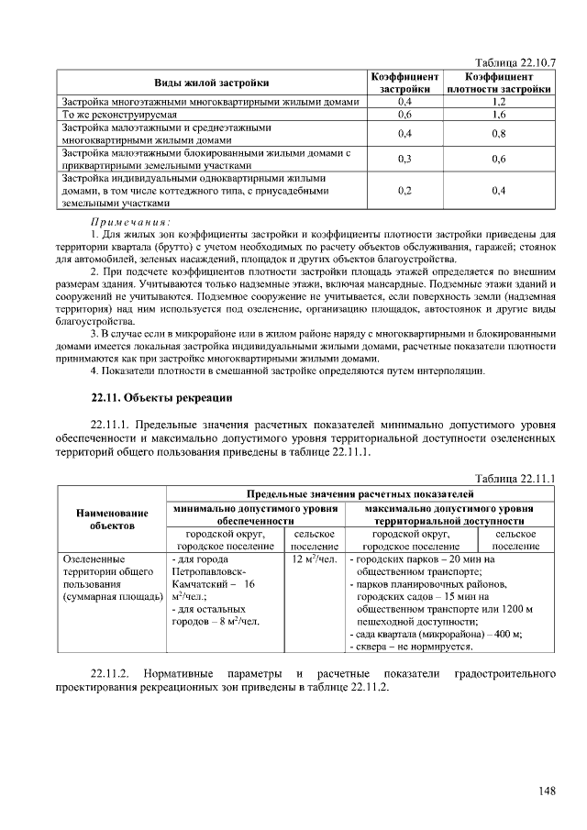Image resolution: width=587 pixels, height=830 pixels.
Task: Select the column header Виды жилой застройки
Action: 211,83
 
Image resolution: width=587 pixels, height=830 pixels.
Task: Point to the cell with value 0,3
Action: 404,159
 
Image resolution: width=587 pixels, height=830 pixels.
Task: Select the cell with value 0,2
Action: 404,191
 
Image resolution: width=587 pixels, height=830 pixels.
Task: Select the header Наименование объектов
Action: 112,520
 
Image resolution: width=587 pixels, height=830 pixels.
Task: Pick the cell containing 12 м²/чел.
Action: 315,559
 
